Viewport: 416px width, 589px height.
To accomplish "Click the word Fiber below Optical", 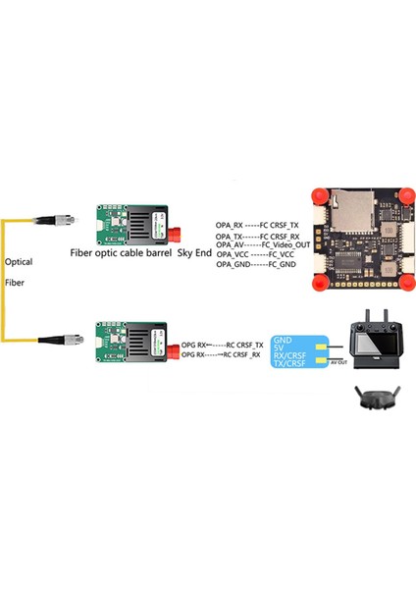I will click(16, 282).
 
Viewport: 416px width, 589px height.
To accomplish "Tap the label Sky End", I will click(194, 252).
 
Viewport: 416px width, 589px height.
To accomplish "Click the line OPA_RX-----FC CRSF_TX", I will click(256, 225).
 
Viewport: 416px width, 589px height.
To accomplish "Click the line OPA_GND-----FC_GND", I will click(256, 265).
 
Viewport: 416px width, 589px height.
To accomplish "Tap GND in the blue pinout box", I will click(282, 337).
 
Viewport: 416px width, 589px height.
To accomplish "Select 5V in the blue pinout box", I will click(279, 347).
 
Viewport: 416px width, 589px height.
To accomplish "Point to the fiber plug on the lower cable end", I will click(54, 341).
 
